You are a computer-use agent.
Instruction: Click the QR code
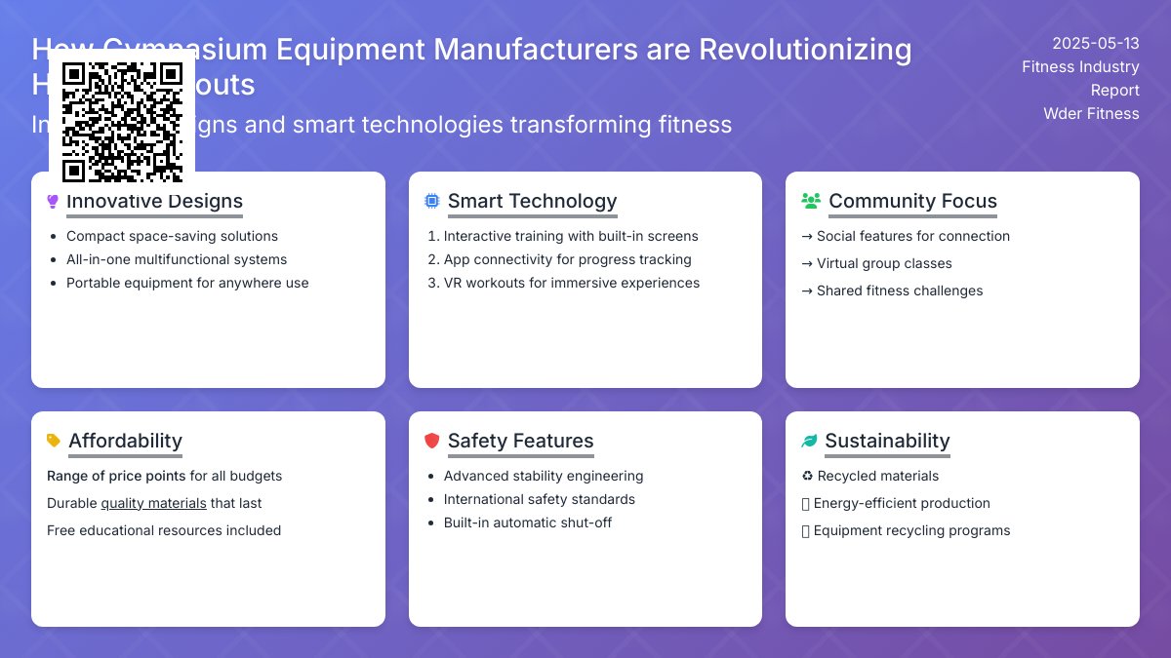[x=122, y=122]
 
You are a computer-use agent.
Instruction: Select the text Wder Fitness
[x=1091, y=113]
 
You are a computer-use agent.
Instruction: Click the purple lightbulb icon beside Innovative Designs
[x=53, y=202]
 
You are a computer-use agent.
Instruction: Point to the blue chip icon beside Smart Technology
[x=431, y=201]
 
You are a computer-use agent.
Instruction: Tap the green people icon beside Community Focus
[x=810, y=201]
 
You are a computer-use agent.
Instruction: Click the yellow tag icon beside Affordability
[x=53, y=441]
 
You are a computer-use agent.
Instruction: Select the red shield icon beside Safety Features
[x=431, y=441]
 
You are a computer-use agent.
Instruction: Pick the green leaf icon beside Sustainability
[x=809, y=441]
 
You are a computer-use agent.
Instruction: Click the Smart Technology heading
[x=532, y=201]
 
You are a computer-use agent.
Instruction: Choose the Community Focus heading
[x=912, y=201]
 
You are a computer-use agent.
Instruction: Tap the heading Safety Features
[x=520, y=441]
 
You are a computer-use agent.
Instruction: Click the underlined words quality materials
[x=153, y=503]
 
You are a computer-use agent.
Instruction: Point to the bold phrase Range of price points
[x=116, y=476]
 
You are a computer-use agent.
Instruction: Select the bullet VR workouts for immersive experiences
[x=571, y=283]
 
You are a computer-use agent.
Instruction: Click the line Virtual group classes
[x=884, y=263]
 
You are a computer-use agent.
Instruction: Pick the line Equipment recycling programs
[x=911, y=530]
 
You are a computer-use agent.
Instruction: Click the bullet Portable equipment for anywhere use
[x=187, y=283]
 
